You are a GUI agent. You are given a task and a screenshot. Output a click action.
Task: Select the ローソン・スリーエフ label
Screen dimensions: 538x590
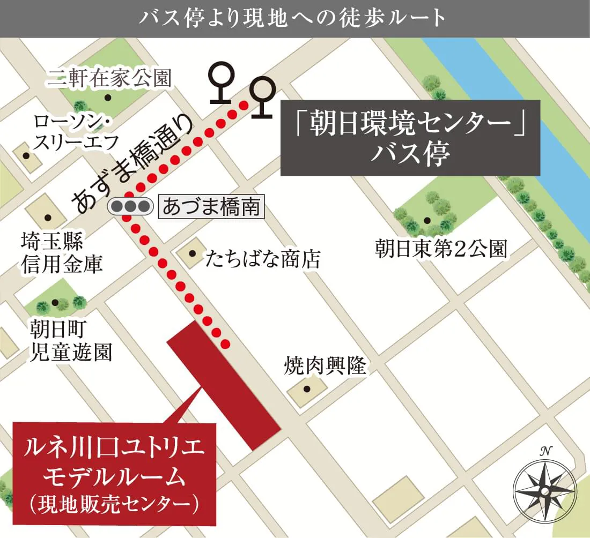tap(72, 132)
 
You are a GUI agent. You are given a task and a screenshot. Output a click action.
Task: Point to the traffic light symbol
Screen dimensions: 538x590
tap(130, 206)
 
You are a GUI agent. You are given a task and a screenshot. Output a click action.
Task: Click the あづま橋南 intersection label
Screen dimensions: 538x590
tap(211, 206)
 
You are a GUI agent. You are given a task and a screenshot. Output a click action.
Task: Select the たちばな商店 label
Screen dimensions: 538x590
tap(263, 260)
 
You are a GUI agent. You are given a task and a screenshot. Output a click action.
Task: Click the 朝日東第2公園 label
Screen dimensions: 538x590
tap(440, 249)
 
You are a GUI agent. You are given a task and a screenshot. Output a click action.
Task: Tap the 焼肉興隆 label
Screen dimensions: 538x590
tap(325, 367)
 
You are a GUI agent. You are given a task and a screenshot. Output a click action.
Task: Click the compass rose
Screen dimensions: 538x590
tap(544, 490)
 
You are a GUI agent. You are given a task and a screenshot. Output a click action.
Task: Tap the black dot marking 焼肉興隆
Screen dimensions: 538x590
tap(307, 390)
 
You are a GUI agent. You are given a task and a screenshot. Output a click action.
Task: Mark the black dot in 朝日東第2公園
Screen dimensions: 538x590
tap(427, 220)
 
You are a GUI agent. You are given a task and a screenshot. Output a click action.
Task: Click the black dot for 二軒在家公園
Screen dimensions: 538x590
tap(108, 98)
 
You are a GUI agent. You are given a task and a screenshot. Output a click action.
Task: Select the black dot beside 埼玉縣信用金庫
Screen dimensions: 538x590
tap(48, 218)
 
